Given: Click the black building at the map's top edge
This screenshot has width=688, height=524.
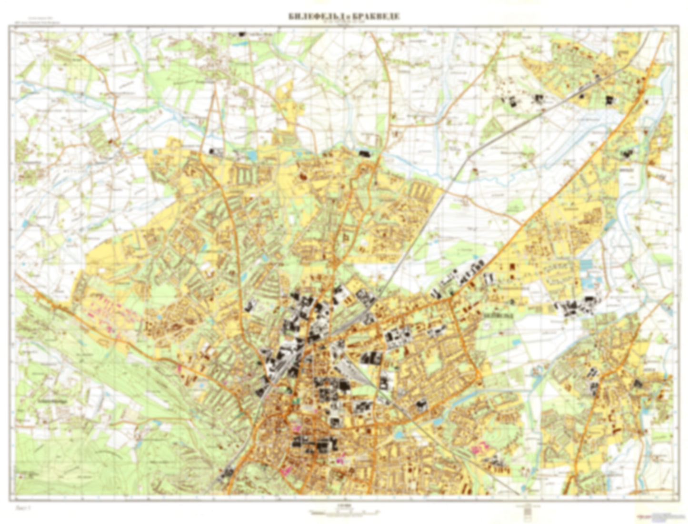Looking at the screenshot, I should click(x=242, y=34).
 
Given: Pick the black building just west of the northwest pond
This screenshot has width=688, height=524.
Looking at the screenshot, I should click(x=215, y=152).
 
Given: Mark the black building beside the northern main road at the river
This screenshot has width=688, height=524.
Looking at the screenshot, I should click(x=365, y=153).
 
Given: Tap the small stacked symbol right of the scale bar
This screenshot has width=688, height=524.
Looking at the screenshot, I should click(x=527, y=511).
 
